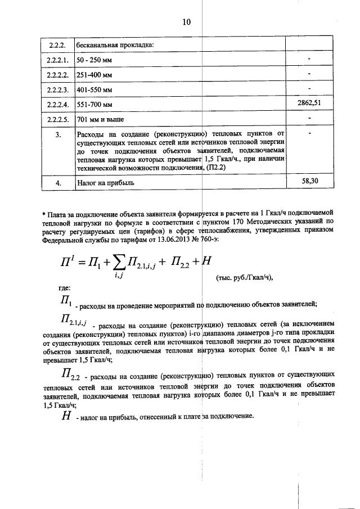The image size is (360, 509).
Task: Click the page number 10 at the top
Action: (187, 22)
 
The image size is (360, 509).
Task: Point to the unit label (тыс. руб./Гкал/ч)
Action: (244, 277)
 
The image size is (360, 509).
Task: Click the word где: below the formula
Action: (65, 289)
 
